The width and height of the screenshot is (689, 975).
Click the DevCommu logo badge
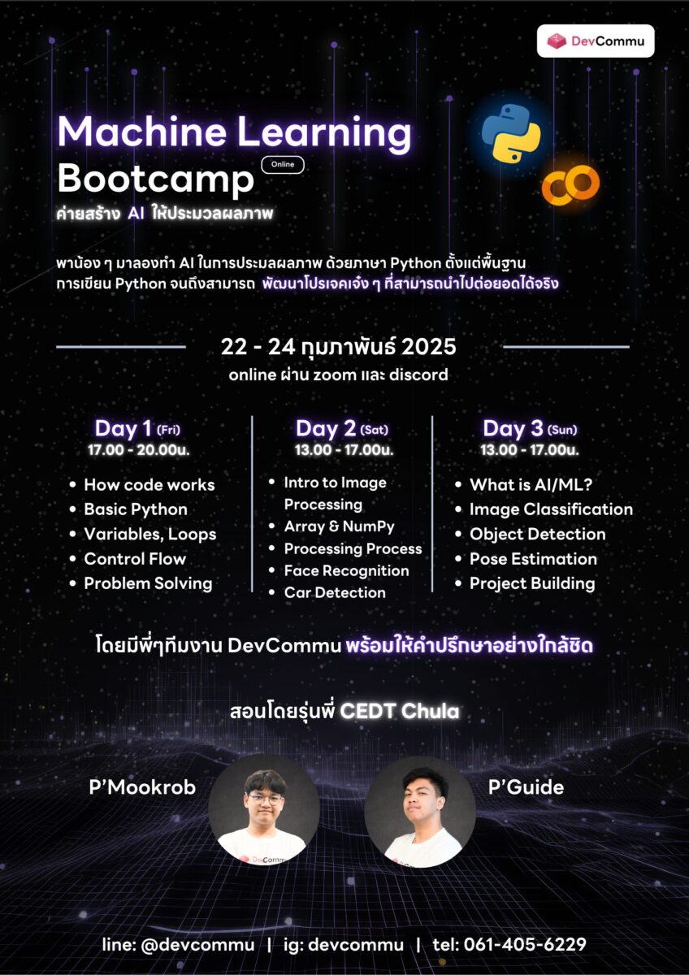[596, 41]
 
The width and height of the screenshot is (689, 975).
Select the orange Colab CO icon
[570, 184]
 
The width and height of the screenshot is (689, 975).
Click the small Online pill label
[283, 164]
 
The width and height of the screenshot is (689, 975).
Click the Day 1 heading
[137, 428]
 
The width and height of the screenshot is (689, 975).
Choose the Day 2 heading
[342, 428]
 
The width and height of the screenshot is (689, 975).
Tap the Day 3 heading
[530, 428]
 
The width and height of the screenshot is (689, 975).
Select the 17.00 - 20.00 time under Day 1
[138, 449]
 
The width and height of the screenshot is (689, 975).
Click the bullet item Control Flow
[135, 558]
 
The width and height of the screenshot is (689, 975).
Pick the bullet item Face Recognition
[346, 570]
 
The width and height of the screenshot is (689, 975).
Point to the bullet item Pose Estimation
[533, 559]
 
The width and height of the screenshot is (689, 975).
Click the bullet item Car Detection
[335, 592]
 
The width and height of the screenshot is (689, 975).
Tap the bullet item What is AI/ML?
[531, 484]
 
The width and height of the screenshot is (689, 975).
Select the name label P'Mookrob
[142, 787]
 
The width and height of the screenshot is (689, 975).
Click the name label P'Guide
[526, 787]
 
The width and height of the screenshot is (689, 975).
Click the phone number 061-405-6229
[525, 944]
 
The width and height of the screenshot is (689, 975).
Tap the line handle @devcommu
[198, 944]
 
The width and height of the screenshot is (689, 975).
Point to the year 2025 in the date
[429, 347]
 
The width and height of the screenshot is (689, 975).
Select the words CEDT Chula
[399, 711]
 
